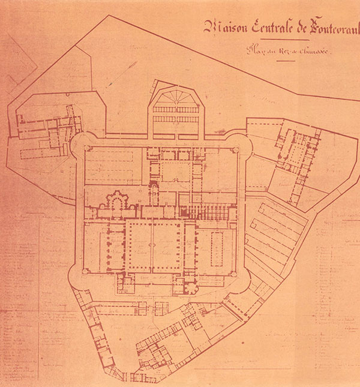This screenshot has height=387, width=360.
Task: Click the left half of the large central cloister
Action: pos(139,245)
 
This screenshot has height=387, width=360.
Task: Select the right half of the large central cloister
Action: pos(169,245)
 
